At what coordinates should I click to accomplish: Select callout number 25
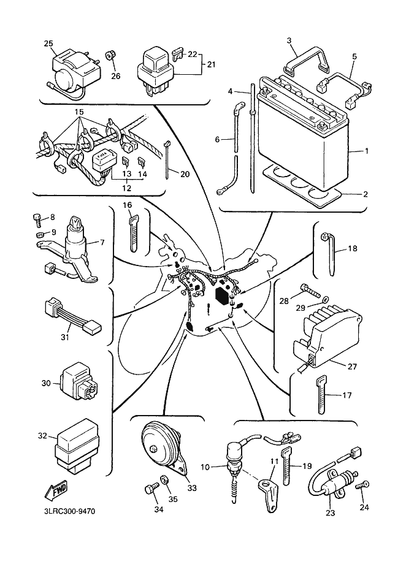[x=48, y=43]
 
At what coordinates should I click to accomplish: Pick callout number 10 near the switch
[x=205, y=467]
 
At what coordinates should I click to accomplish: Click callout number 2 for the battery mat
[x=366, y=194]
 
